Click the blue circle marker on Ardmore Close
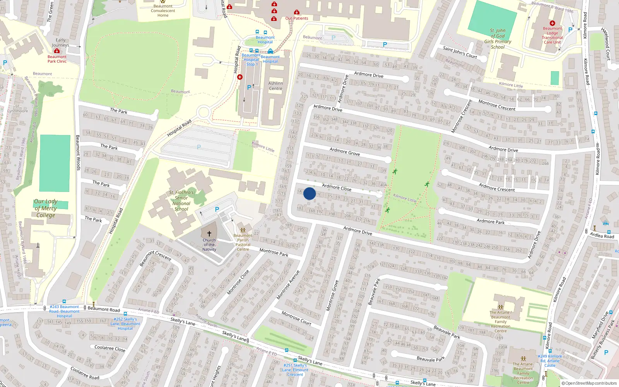[309, 193]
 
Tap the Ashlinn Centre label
[275, 86]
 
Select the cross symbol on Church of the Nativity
[209, 234]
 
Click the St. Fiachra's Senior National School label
[181, 200]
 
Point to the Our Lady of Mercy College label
[46, 208]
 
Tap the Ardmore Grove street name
[345, 151]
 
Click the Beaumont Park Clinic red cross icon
[57, 51]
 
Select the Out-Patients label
[297, 18]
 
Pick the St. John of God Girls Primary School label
[498, 39]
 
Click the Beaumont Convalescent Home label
[163, 11]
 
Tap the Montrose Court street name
[296, 318]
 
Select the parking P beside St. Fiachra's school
[217, 209]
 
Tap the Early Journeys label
[60, 43]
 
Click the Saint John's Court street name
[460, 52]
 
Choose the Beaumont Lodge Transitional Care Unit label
[552, 35]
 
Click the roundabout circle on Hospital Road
[203, 113]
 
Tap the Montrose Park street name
[274, 253]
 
